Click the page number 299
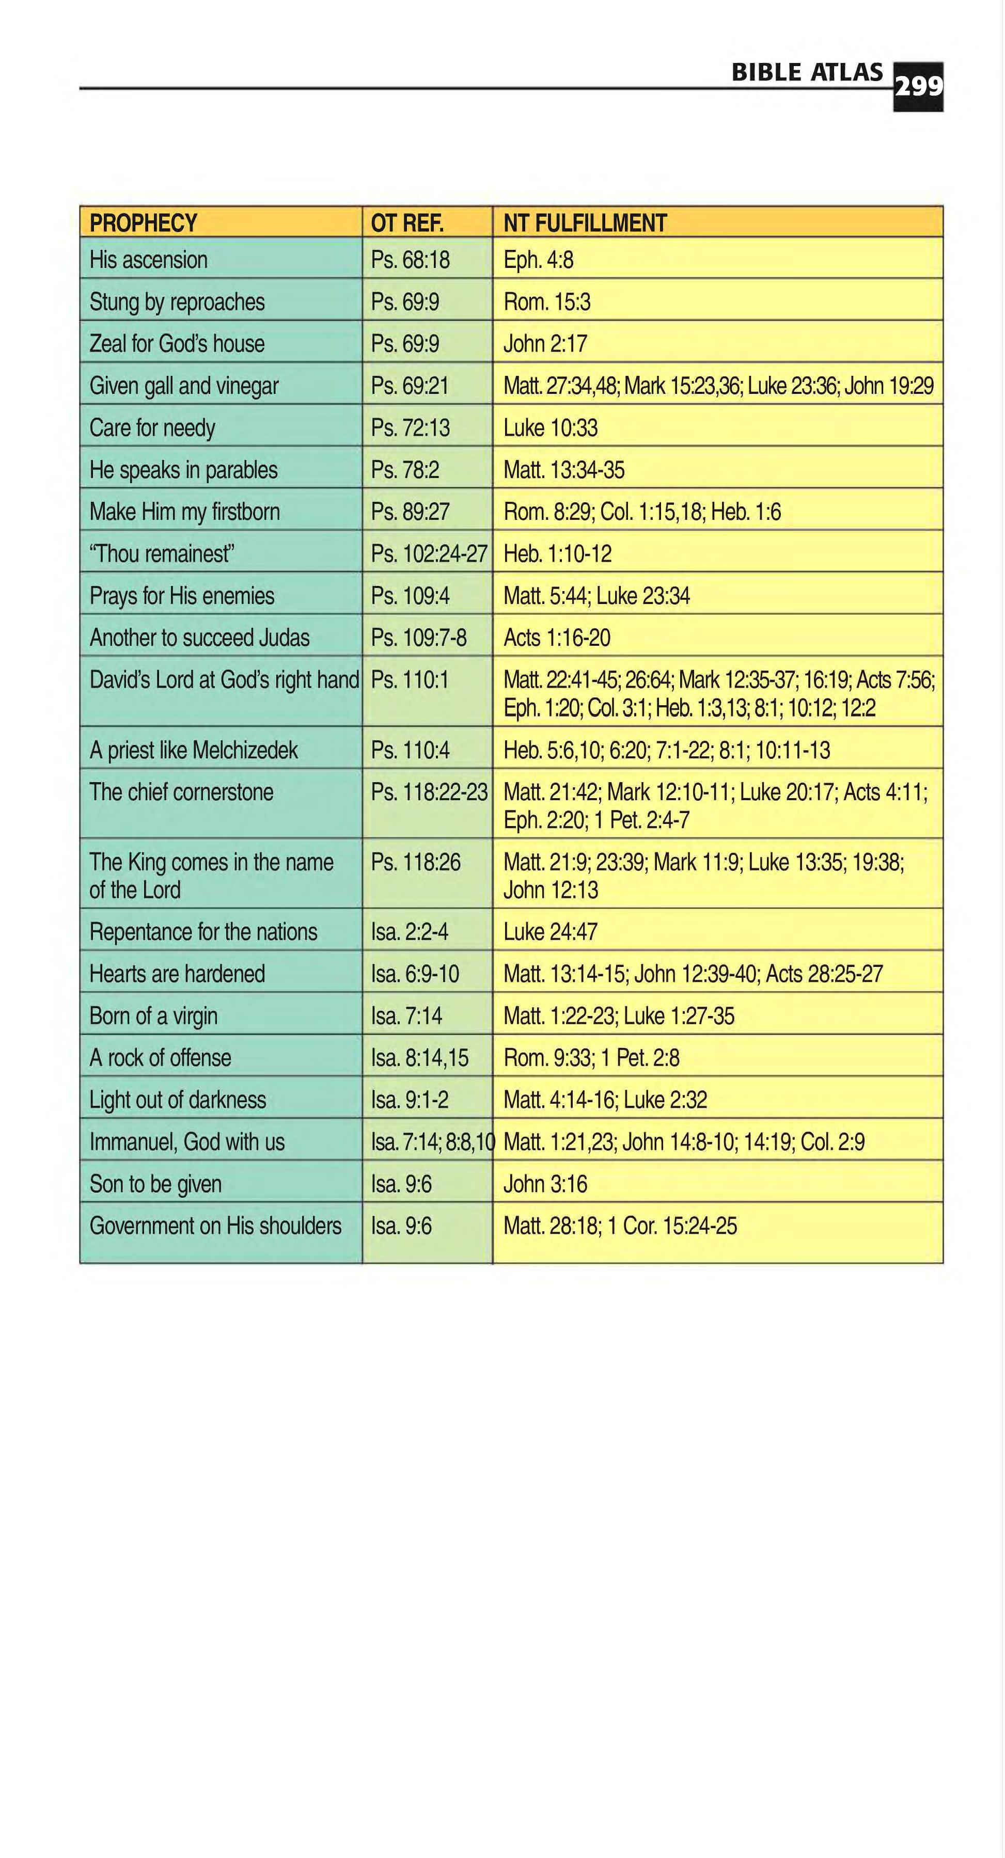coord(918,87)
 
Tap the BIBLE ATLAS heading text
coord(807,72)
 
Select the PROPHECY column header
coord(143,223)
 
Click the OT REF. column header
coord(407,223)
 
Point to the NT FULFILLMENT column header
coord(585,223)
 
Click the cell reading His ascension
coord(149,260)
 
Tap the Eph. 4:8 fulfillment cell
coord(538,260)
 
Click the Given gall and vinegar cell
coord(184,386)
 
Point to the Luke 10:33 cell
coord(551,427)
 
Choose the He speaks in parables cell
coord(183,470)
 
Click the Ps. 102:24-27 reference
coord(429,554)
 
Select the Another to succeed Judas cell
coord(199,638)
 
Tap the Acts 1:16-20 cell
coord(557,638)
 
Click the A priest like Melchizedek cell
coord(193,750)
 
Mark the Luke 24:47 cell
coord(551,932)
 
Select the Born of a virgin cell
coord(154,1015)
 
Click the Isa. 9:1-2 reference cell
coord(410,1100)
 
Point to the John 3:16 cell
coord(545,1184)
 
